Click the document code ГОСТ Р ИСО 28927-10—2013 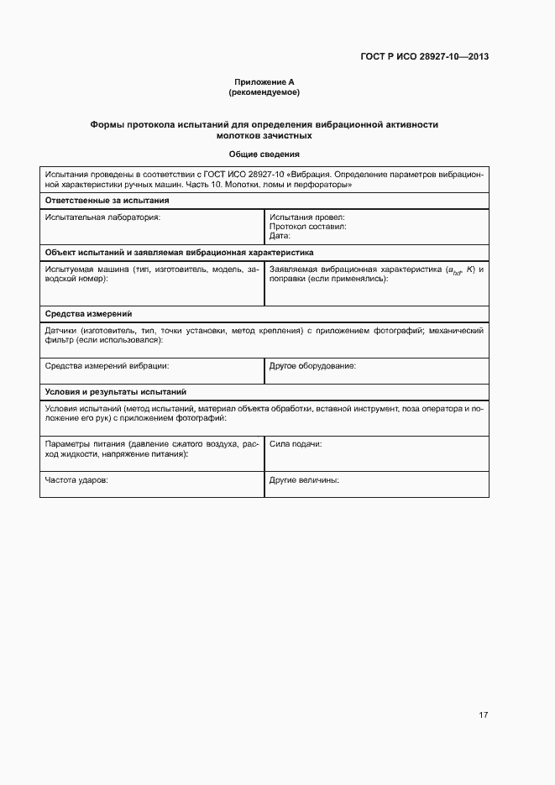pos(425,57)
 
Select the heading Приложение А pos(264,82)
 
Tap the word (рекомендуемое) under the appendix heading pos(264,92)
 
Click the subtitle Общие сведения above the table pos(264,154)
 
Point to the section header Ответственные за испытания pos(107,201)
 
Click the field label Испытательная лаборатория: pos(102,217)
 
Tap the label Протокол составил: pos(308,226)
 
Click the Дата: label pos(280,236)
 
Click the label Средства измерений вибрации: pos(107,366)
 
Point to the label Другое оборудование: pos(312,366)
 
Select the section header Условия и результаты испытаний pos(116,392)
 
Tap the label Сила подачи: pos(296,443)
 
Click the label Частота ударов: pos(76,480)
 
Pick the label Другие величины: pos(304,480)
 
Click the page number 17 pos(483,715)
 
